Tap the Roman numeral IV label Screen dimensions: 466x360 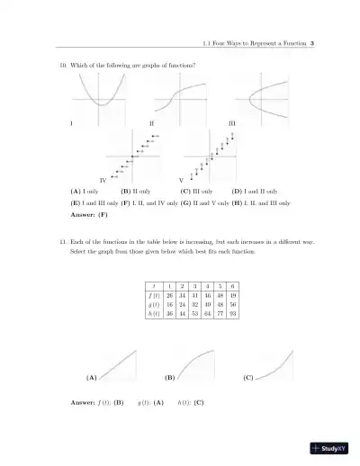(x=103, y=180)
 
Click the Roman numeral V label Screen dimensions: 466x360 (x=181, y=180)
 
